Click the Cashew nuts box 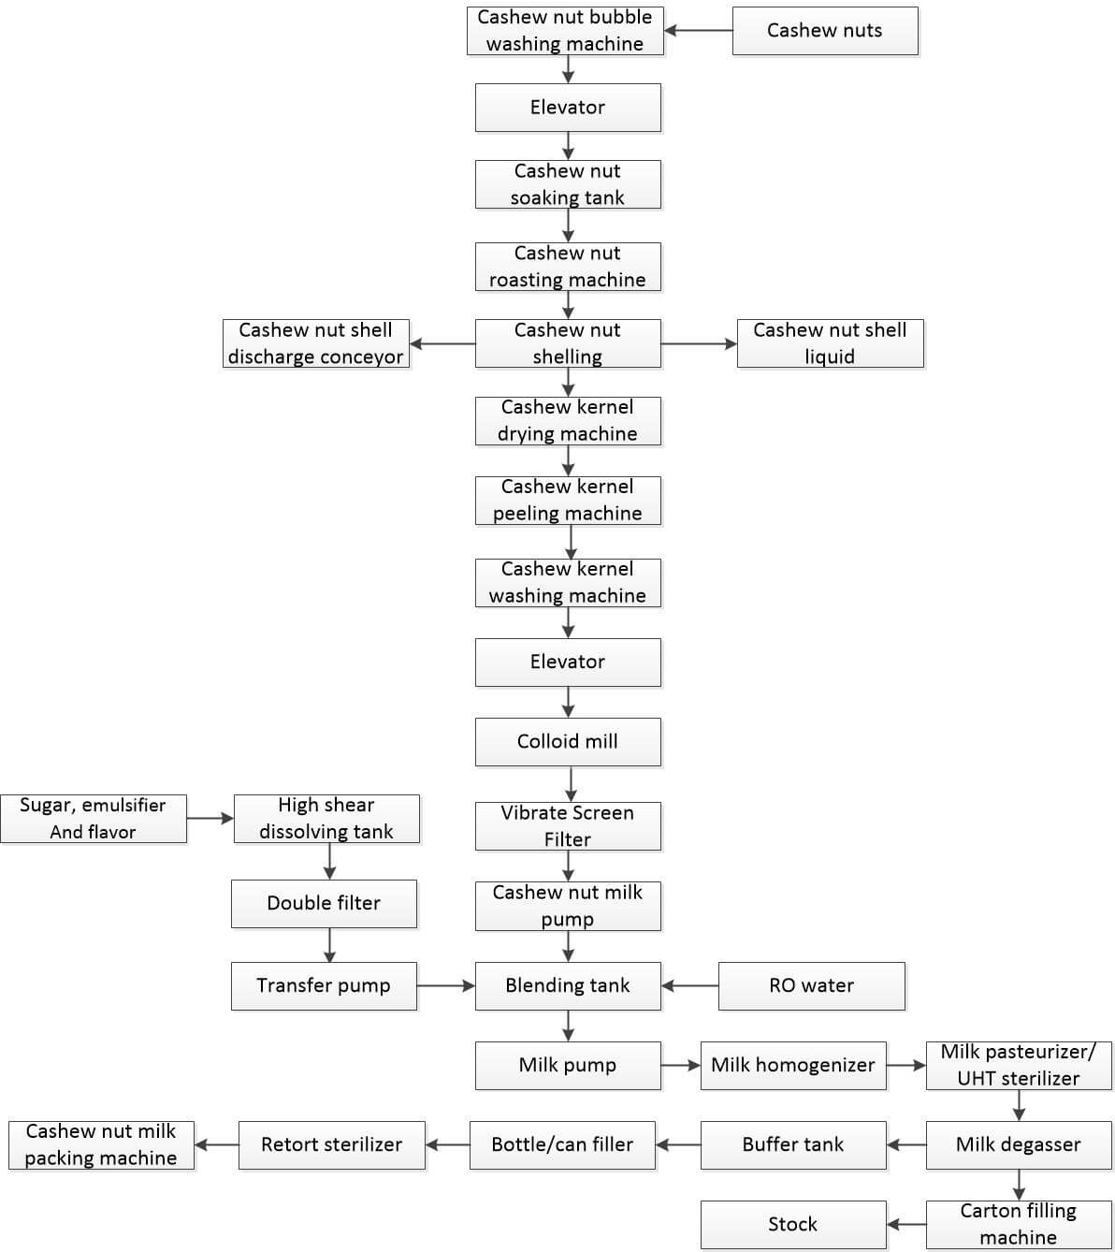click(825, 31)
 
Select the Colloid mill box click(568, 741)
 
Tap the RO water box click(812, 985)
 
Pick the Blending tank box click(568, 985)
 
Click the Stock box click(793, 1224)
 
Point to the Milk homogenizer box click(793, 1066)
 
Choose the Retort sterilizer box click(332, 1145)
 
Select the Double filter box click(325, 904)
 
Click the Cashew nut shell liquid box click(831, 343)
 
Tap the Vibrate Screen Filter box click(568, 826)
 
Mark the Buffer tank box click(793, 1145)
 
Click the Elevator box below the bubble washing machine click(568, 108)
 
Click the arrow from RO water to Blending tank click(690, 985)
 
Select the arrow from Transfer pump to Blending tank click(446, 985)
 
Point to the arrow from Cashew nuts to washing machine click(698, 30)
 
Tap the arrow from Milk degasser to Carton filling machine click(1020, 1186)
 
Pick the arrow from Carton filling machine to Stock click(906, 1224)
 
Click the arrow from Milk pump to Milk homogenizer click(681, 1066)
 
